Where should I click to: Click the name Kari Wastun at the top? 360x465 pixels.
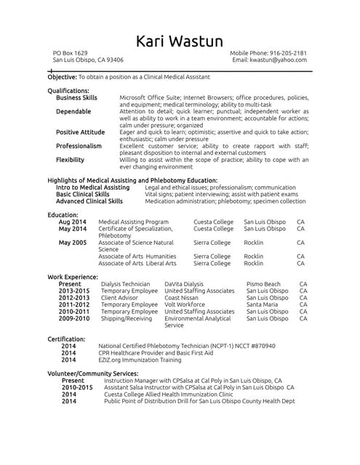(x=180, y=41)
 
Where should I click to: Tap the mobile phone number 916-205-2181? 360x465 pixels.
(x=284, y=53)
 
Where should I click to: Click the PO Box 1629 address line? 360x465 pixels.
(x=71, y=53)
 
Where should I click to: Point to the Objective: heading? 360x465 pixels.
(x=62, y=76)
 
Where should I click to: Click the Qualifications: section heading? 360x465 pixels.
(x=68, y=91)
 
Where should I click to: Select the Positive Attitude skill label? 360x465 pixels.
(x=80, y=132)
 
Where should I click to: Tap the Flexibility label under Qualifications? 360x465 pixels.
(x=70, y=159)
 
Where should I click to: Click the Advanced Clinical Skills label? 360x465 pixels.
(x=89, y=201)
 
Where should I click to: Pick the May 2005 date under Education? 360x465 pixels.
(x=73, y=242)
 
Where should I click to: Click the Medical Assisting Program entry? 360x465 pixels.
(x=133, y=222)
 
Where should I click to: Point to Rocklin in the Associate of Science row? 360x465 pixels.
(x=254, y=242)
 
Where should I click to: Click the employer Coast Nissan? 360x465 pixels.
(x=182, y=298)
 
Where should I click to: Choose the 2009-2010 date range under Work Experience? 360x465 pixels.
(x=74, y=318)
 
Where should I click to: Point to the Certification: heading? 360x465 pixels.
(x=66, y=339)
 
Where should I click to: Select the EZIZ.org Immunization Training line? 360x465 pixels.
(x=140, y=360)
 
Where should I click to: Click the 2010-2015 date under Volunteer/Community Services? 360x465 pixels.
(x=77, y=387)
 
